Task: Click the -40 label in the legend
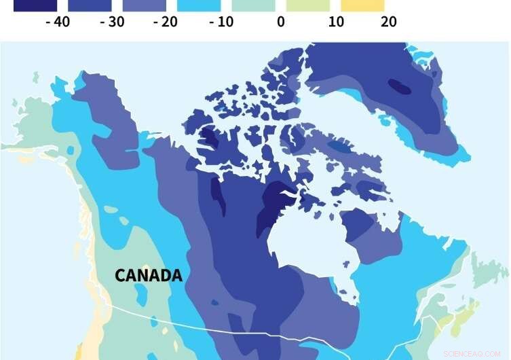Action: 57,22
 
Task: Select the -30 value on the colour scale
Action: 111,22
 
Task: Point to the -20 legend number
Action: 165,22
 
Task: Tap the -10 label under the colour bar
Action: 221,22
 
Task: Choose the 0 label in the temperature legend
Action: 280,22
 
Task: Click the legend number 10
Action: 335,22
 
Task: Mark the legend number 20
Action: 389,22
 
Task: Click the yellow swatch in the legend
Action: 362,5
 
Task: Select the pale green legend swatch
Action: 307,5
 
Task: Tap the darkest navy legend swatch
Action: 35,5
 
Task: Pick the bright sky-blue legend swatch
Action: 199,5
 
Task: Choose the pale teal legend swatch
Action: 253,5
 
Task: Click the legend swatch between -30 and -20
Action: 144,5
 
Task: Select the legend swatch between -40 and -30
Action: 90,5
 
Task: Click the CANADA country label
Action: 148,276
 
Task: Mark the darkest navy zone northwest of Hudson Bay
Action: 276,207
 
